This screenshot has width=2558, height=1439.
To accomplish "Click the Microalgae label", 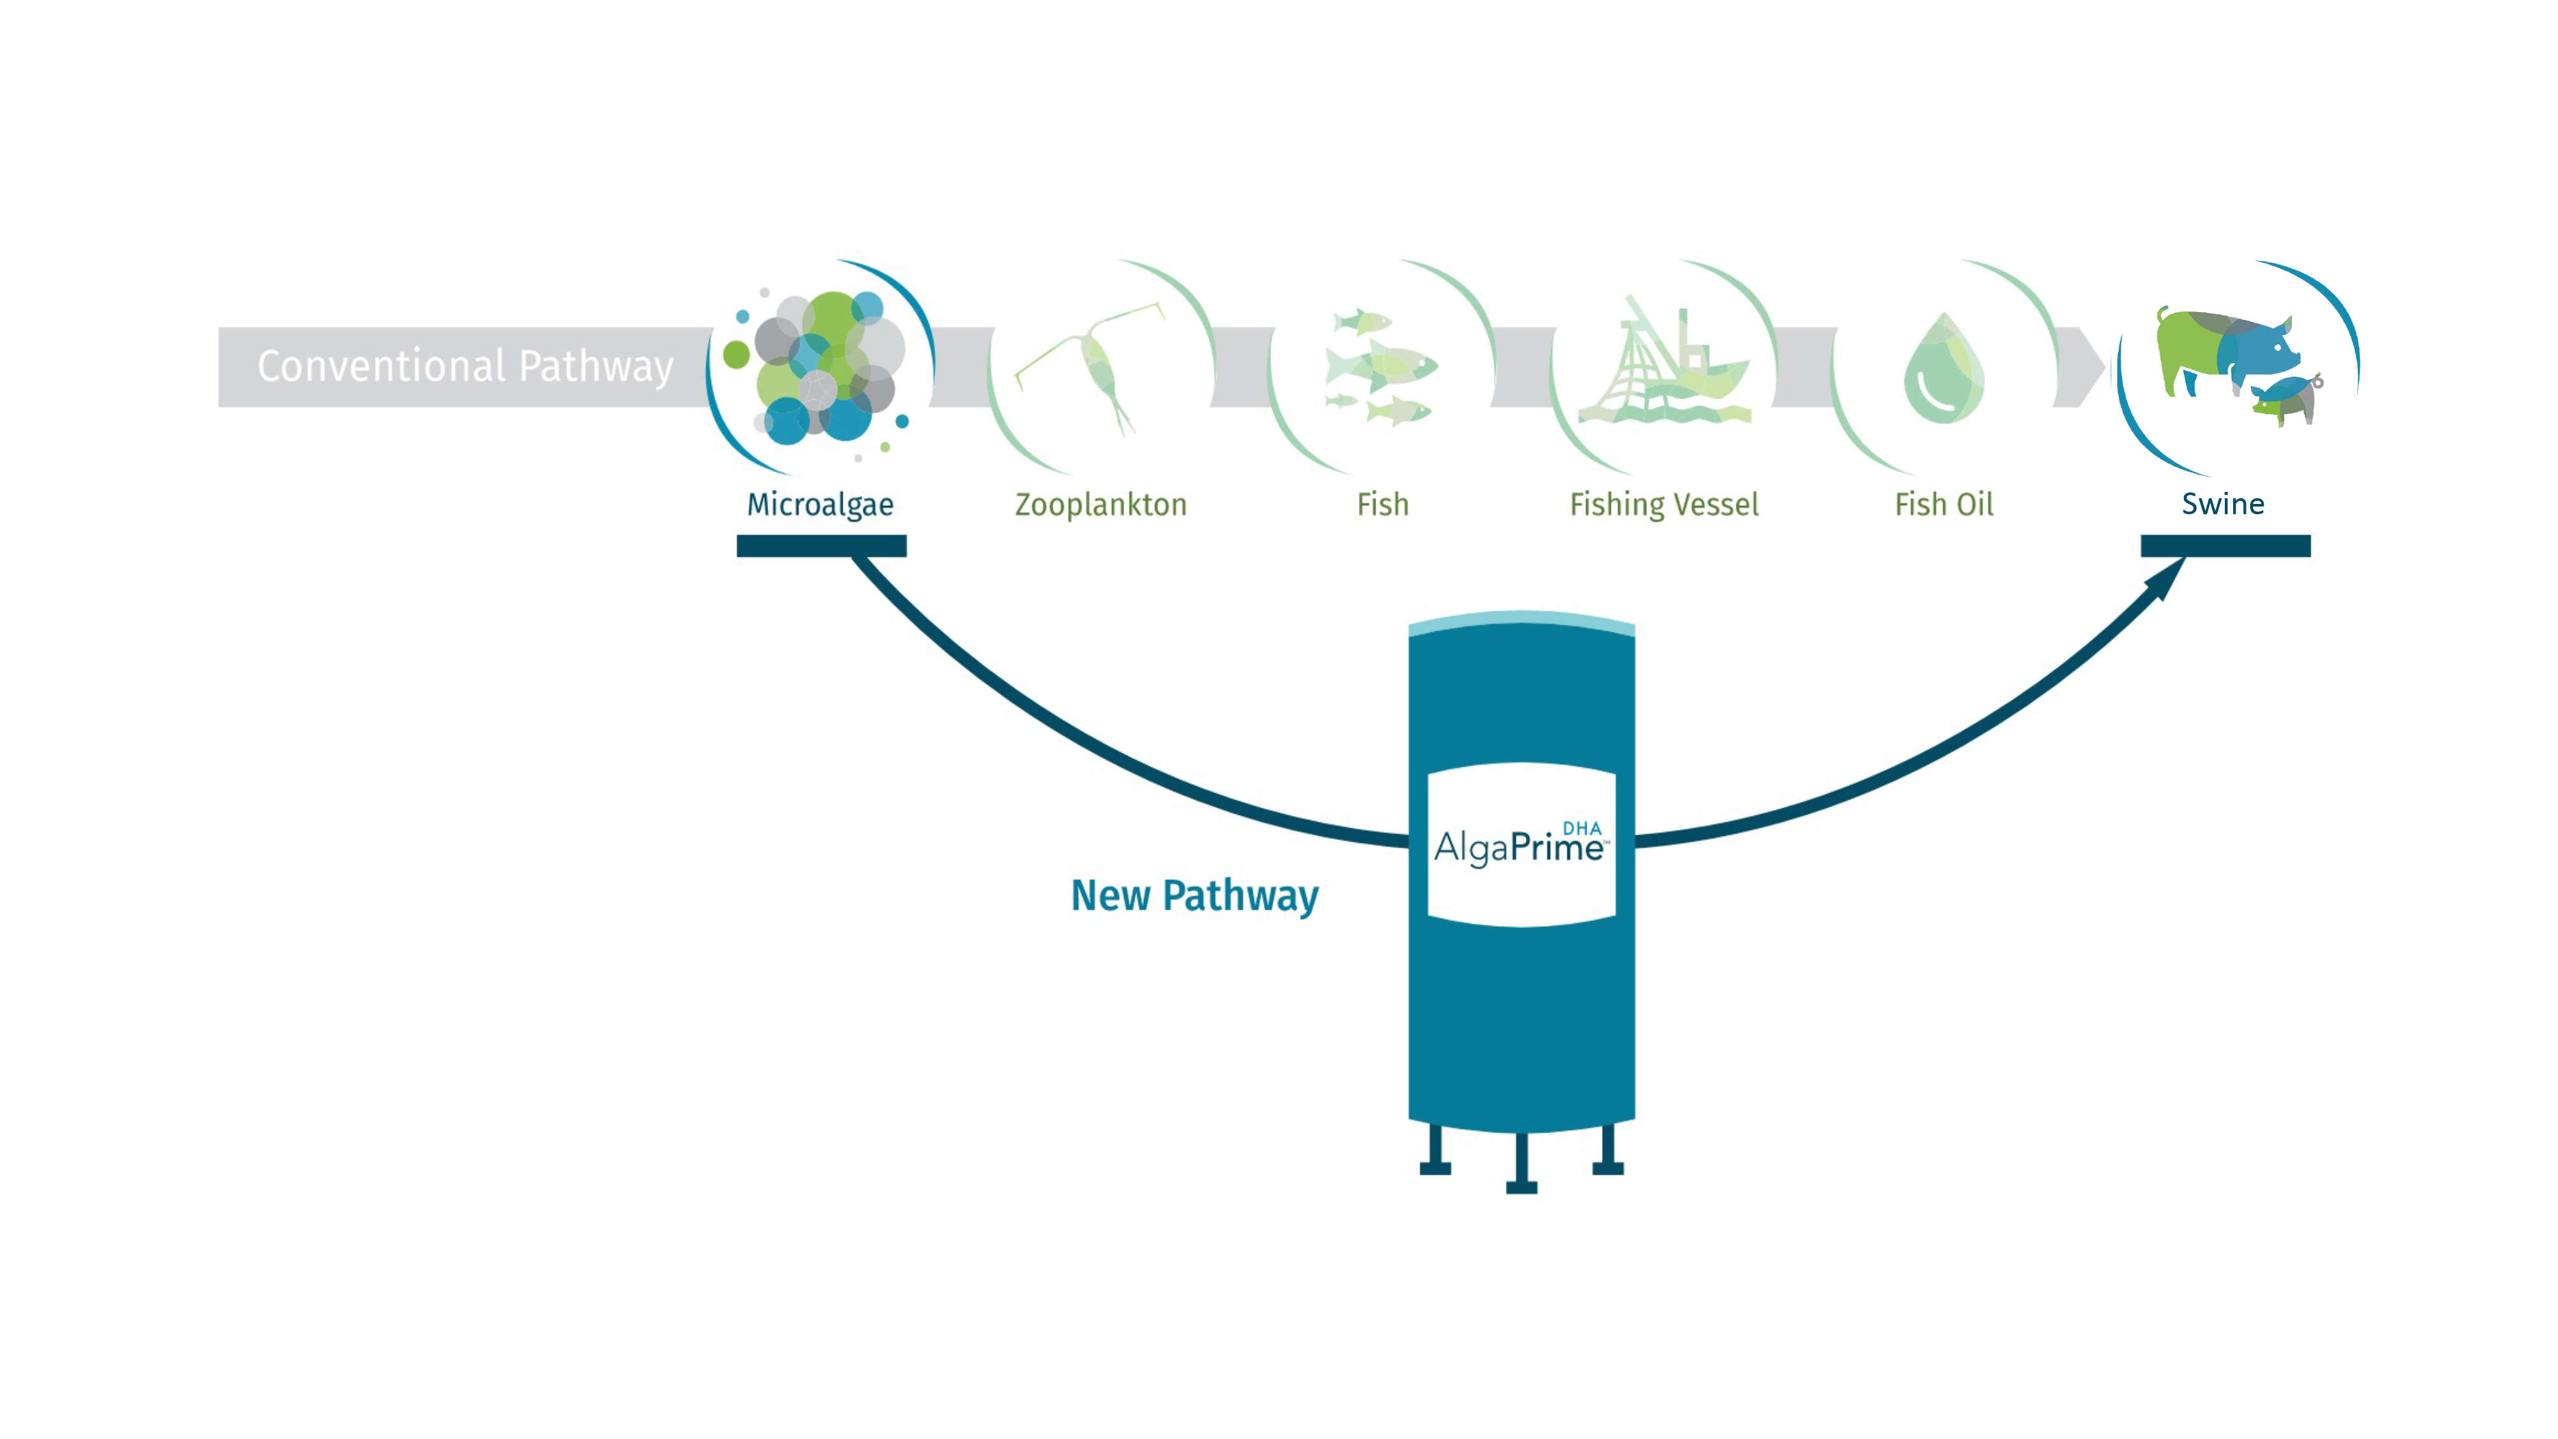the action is [x=820, y=505].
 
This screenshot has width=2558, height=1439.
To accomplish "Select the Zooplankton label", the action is [x=1100, y=505].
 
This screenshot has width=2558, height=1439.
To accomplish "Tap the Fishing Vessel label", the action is [x=1664, y=505].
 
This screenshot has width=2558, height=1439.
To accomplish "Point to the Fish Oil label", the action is [x=1943, y=505].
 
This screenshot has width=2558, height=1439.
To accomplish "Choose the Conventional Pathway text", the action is [x=466, y=366].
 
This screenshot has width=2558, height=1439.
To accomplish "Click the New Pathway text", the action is [x=1195, y=896].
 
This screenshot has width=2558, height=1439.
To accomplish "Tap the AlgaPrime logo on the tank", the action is [x=1520, y=845].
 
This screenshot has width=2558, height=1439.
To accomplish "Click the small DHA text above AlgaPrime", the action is [x=1582, y=828].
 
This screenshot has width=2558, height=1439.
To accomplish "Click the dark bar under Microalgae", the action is [x=821, y=545].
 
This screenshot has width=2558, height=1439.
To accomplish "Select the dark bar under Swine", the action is [x=2225, y=545].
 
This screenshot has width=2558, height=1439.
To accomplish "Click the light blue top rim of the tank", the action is [x=1521, y=620].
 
